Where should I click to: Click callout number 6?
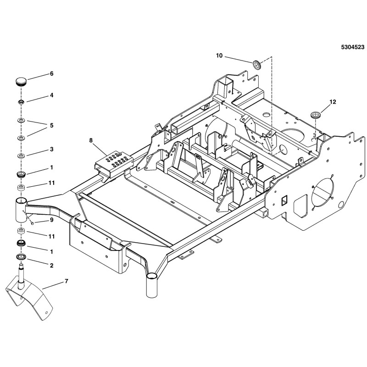tap(52, 73)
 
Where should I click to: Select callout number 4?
tap(52, 95)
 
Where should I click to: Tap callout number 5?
tap(52, 125)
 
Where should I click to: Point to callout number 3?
tap(52, 150)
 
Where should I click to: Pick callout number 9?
tap(52, 220)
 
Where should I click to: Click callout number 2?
tap(52, 265)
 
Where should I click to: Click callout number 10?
tap(219, 56)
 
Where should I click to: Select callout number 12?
tap(333, 102)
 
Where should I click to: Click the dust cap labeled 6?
tap(21, 82)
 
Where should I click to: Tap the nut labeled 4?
tap(21, 101)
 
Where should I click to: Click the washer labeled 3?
tap(21, 156)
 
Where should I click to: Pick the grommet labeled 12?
tap(315, 114)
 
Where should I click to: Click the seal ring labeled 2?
tap(21, 256)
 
